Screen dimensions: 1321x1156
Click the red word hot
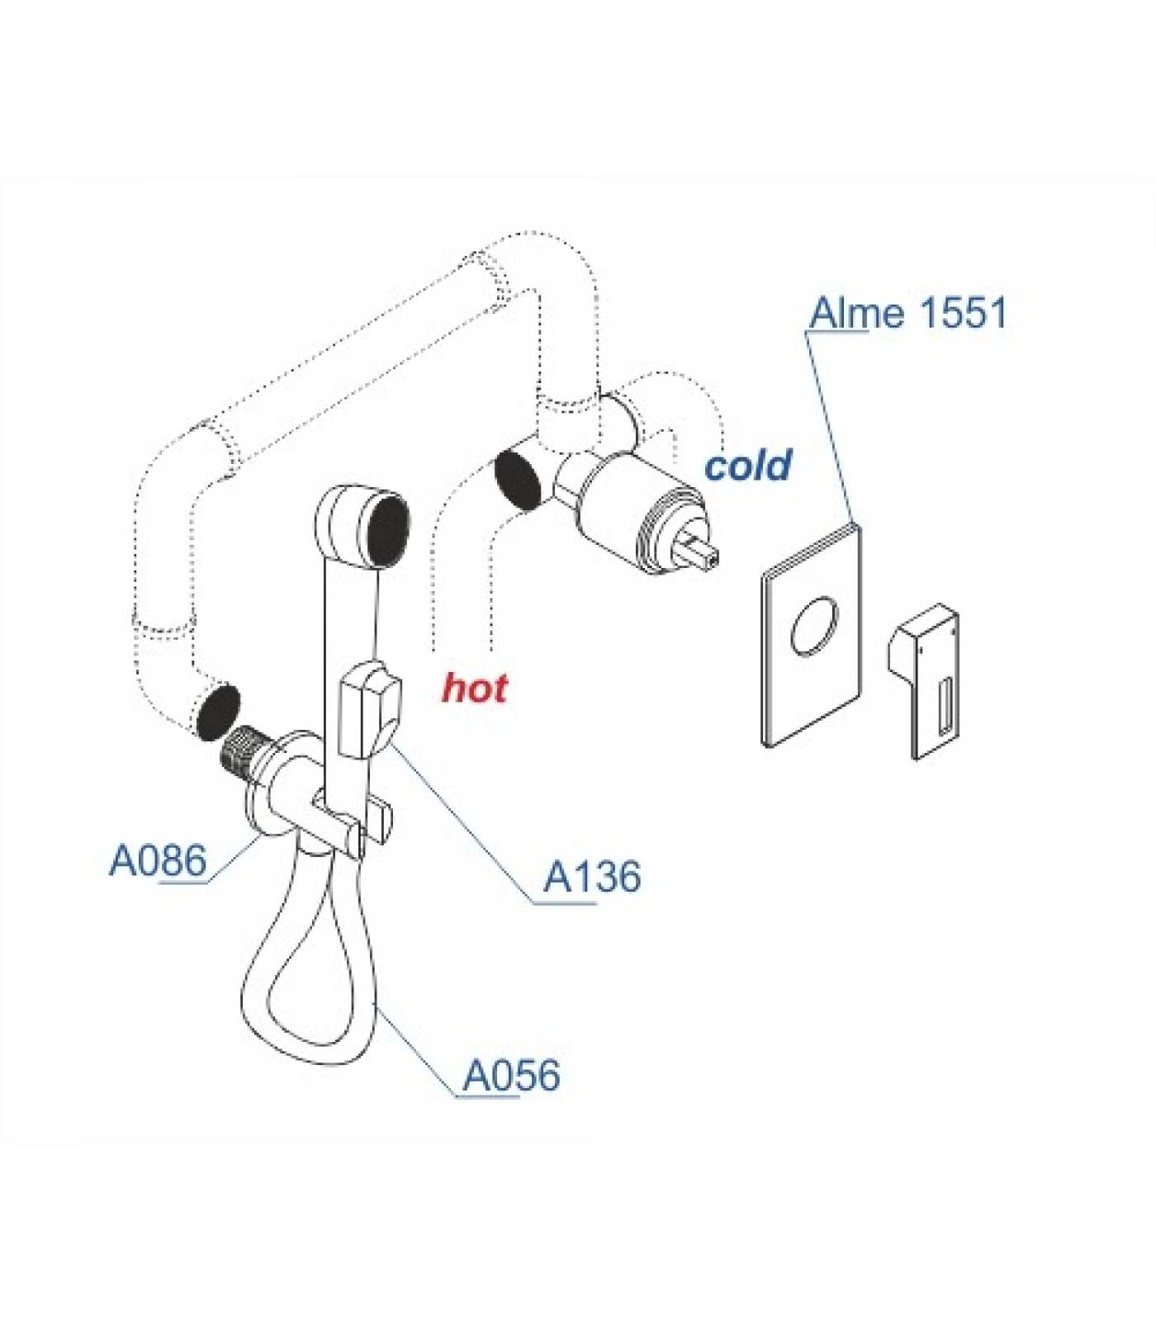coord(475,687)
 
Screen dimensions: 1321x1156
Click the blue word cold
coord(748,466)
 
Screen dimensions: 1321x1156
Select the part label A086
coord(158,861)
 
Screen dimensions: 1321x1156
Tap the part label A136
coord(591,877)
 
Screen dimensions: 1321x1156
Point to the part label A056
coord(511,1075)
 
